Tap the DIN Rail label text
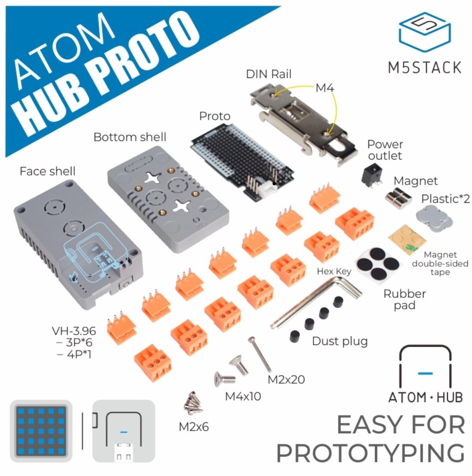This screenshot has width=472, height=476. (268, 74)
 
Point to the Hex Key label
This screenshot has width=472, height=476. (334, 271)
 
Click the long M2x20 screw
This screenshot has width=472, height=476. (260, 354)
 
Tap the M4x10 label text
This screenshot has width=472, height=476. (243, 396)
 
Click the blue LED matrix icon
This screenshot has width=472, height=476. (41, 431)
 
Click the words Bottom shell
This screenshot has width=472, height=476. (130, 137)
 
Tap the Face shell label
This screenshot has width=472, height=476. (48, 171)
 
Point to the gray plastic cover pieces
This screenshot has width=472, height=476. (434, 218)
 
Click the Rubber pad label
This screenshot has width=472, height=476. (405, 299)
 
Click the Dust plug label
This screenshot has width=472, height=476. (340, 341)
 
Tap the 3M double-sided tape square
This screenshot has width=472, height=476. (407, 239)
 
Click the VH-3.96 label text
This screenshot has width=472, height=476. (74, 330)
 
